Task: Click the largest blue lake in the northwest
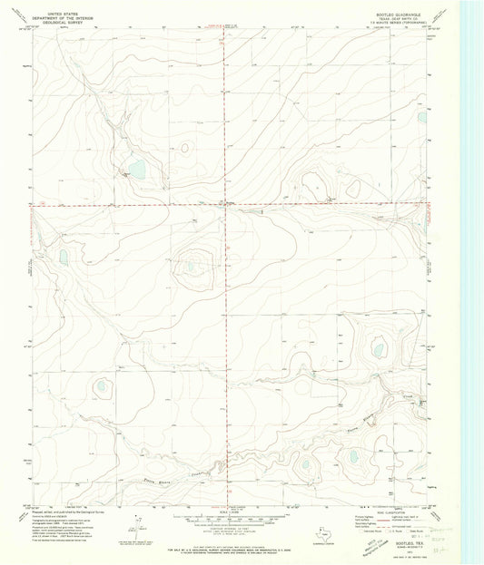click(137, 169)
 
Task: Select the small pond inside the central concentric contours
click(192, 266)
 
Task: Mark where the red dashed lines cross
click(226, 204)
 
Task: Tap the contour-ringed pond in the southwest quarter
click(102, 386)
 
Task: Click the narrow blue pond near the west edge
click(64, 257)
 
